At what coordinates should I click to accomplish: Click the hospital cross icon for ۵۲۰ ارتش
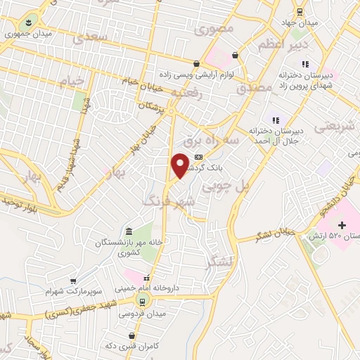342,225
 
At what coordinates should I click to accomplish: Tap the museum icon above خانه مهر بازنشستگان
128,232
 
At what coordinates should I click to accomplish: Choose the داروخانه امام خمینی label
146,288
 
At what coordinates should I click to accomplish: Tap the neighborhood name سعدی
91,37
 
